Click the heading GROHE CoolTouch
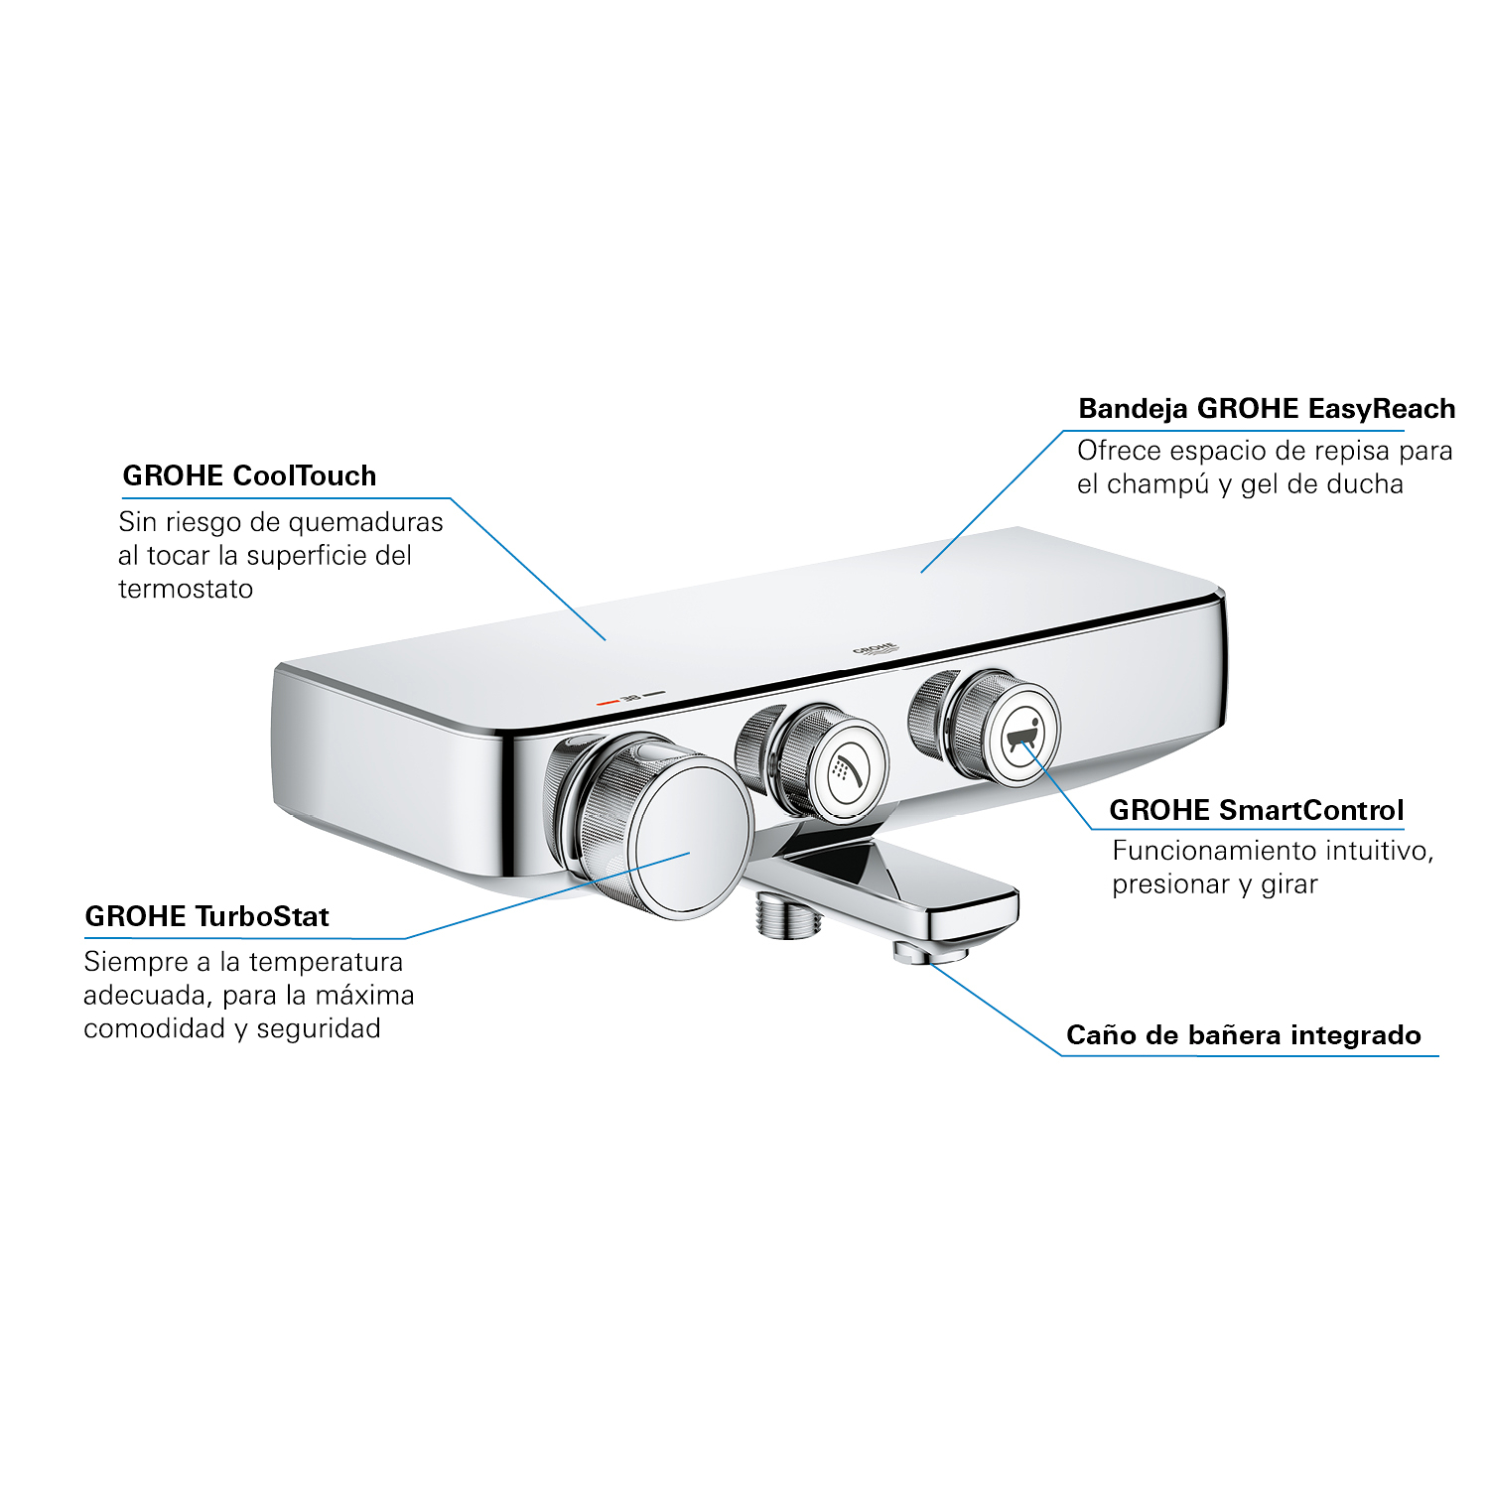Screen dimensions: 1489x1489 [249, 475]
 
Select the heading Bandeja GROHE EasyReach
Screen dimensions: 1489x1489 [1267, 409]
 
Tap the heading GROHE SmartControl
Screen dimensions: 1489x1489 [1257, 810]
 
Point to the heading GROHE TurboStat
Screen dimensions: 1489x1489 [206, 916]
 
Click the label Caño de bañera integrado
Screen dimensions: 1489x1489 [1244, 1035]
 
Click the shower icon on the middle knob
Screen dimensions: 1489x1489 [847, 769]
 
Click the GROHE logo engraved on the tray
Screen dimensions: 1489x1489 [875, 649]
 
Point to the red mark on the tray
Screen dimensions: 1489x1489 [608, 702]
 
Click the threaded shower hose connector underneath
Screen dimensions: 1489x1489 [788, 913]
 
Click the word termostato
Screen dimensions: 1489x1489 [186, 589]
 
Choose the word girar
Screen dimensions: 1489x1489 [1288, 884]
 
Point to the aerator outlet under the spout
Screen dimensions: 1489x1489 [930, 953]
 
